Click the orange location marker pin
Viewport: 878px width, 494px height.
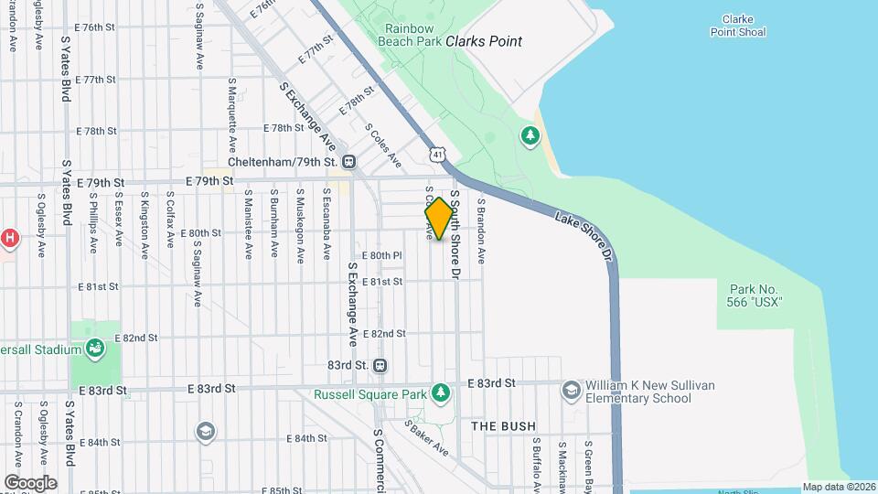tap(439, 219)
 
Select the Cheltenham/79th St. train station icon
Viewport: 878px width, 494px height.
tap(348, 162)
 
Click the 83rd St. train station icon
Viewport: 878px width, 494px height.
tap(380, 365)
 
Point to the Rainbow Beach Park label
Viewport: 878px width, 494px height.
tap(412, 35)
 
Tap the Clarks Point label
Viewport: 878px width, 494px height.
tap(484, 41)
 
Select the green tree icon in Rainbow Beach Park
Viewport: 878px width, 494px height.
tap(530, 136)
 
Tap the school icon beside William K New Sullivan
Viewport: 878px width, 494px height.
tap(572, 391)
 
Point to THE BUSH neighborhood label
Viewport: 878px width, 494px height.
tap(503, 426)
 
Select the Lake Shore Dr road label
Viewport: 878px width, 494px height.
tap(584, 234)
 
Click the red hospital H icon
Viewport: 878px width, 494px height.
tap(9, 238)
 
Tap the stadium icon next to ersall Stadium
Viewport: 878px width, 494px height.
tap(94, 348)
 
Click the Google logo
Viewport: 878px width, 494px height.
tap(30, 482)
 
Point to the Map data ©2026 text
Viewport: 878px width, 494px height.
tap(839, 487)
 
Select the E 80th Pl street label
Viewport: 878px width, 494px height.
tap(381, 255)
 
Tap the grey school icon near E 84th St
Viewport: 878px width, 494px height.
tap(206, 431)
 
